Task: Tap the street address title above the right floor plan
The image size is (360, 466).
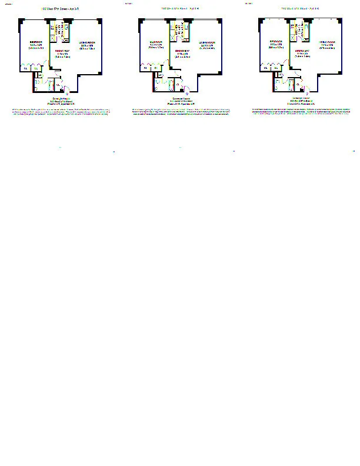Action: click(x=303, y=9)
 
